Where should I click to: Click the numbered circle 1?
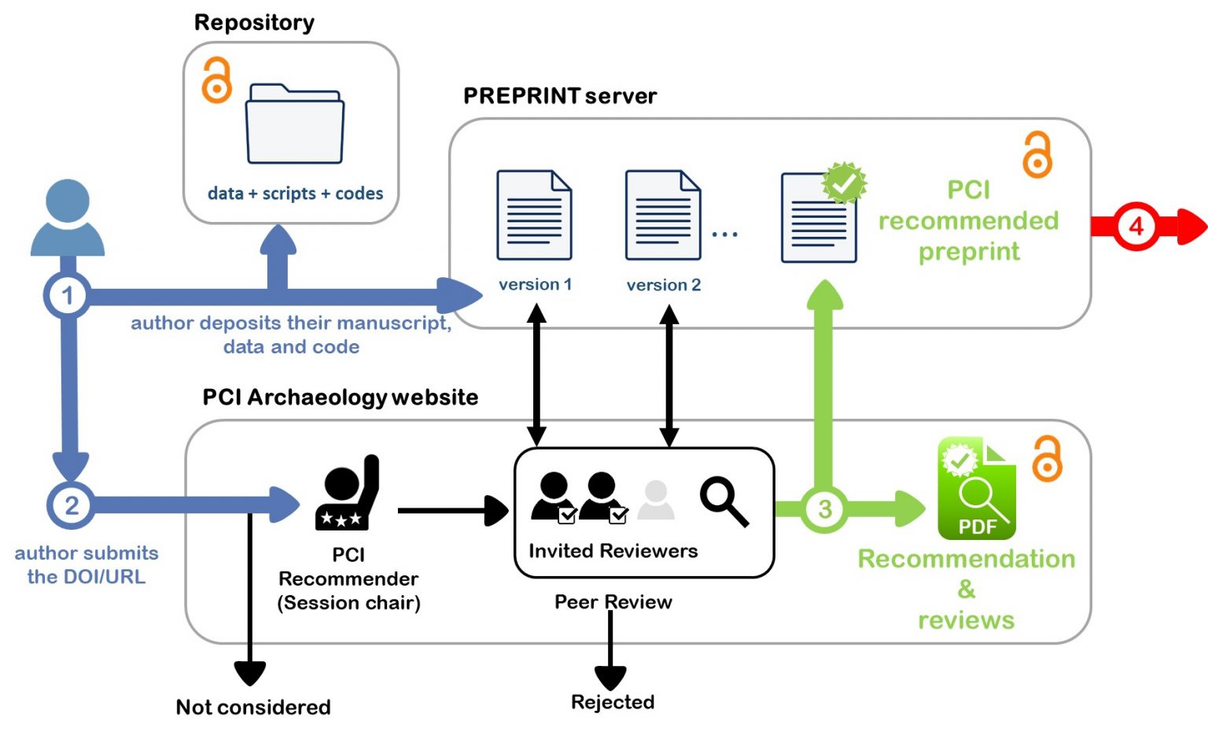(x=68, y=296)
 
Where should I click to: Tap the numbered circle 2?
(x=71, y=505)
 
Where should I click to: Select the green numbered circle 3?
(x=824, y=509)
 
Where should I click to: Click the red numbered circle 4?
(x=1136, y=227)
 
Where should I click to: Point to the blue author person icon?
(x=68, y=218)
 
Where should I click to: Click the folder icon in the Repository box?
(x=294, y=124)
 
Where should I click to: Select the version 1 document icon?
(x=534, y=215)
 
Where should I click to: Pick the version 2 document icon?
(x=662, y=215)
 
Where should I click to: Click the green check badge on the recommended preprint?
(x=844, y=183)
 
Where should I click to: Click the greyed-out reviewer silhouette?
(x=655, y=501)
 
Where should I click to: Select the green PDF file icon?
(x=976, y=489)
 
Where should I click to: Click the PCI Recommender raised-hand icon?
(x=348, y=494)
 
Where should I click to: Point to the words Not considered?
(x=252, y=707)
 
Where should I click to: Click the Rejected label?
(x=613, y=701)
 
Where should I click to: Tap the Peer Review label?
(x=613, y=602)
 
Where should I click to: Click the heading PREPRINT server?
(x=559, y=96)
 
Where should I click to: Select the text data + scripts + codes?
(x=295, y=194)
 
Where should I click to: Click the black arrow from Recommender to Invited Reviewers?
(x=452, y=511)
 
